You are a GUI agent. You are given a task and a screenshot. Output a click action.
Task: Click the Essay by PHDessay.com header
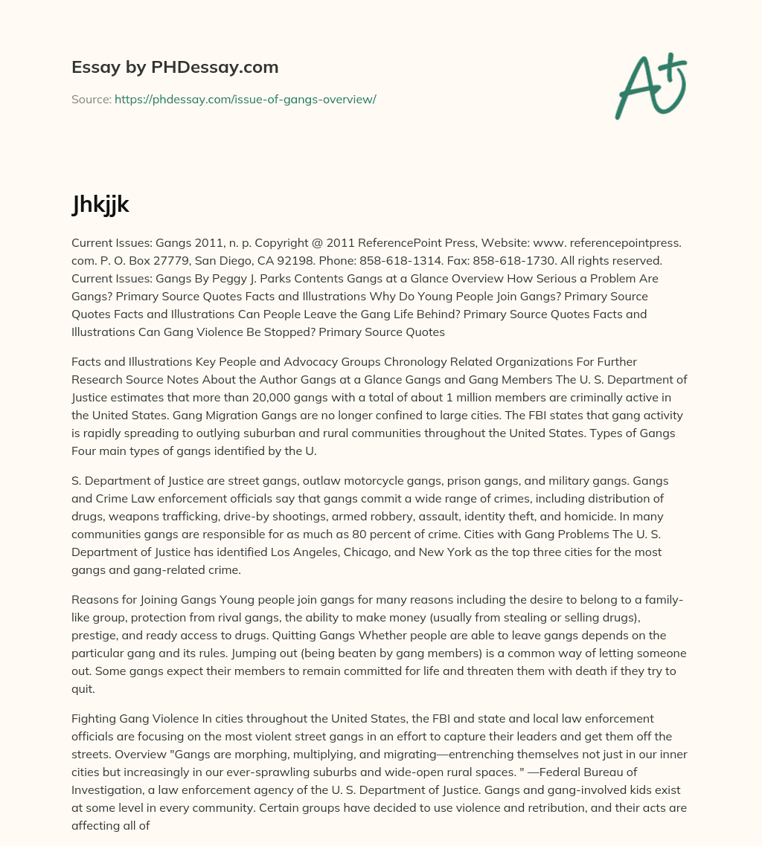point(175,68)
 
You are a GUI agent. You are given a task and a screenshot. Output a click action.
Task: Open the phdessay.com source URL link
point(245,99)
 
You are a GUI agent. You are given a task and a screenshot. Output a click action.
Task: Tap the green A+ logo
point(650,86)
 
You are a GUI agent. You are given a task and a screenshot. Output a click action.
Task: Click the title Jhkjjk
point(100,204)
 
